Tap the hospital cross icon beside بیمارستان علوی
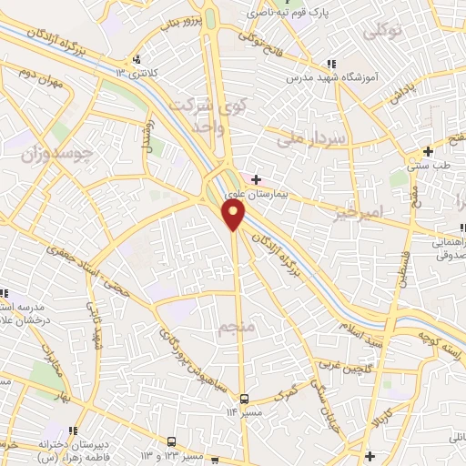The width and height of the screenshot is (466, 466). (x=256, y=179)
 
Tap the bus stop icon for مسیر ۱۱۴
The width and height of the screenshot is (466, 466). (x=243, y=399)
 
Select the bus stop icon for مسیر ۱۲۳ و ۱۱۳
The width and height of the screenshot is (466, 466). (x=173, y=441)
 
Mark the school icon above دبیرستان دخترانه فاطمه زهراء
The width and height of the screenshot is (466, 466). (x=69, y=429)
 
